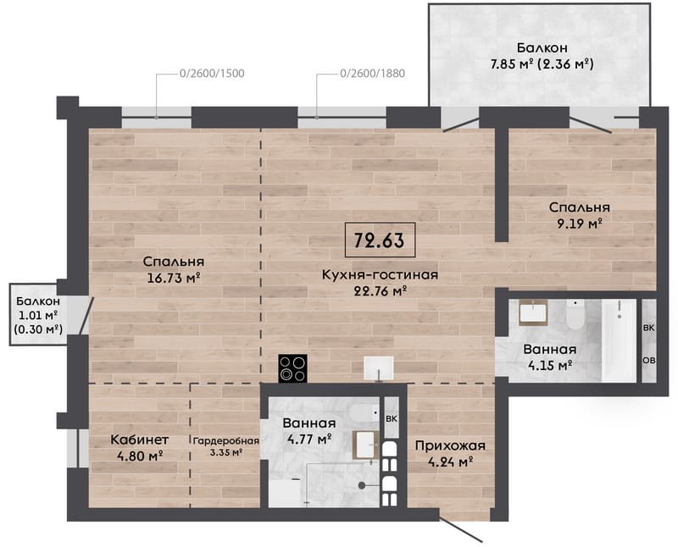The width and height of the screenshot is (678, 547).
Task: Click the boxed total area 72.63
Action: (380, 240)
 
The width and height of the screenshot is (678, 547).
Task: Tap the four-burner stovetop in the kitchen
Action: (292, 368)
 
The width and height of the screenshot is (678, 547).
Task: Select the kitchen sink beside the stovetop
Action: (379, 368)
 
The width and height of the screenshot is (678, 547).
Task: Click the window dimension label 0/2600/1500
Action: (212, 74)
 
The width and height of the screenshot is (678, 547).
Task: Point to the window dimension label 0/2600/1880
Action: (373, 74)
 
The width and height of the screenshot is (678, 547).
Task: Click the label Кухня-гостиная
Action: (380, 274)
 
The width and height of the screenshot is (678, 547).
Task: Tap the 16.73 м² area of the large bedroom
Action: (174, 278)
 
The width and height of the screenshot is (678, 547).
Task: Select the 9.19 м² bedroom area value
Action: (580, 224)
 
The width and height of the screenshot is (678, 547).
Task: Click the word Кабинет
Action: (140, 439)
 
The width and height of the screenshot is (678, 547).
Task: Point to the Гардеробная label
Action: (225, 441)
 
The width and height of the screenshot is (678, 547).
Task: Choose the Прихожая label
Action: (450, 445)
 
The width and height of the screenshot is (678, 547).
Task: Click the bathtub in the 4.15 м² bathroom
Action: (619, 340)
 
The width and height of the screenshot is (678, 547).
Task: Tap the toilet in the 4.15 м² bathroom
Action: (575, 314)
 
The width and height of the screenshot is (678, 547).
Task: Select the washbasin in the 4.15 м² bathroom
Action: (534, 312)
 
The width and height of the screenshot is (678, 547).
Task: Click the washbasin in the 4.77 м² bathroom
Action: (366, 445)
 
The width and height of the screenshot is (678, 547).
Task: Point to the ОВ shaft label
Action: (648, 361)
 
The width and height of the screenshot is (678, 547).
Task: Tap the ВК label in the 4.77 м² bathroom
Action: (392, 418)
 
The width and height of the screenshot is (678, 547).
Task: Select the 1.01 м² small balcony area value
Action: (38, 315)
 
